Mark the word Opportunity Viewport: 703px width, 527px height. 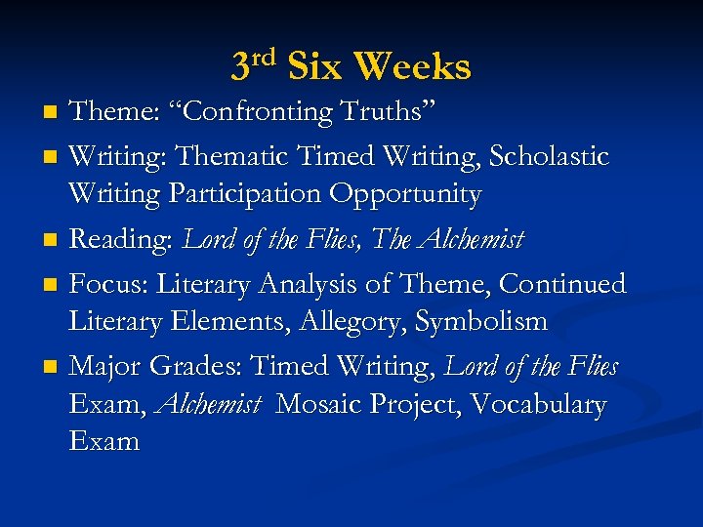point(404,194)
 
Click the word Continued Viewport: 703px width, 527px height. point(562,284)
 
